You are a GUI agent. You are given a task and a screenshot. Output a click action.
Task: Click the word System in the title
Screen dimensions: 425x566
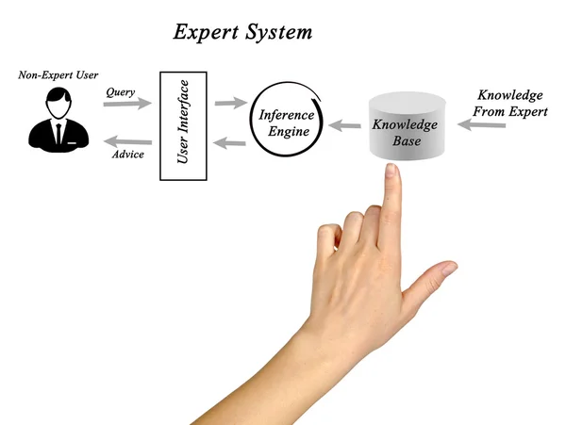click(x=278, y=32)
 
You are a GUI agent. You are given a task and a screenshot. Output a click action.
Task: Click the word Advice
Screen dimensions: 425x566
click(x=126, y=154)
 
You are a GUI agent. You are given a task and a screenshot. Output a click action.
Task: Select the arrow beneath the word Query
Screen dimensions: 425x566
click(x=126, y=105)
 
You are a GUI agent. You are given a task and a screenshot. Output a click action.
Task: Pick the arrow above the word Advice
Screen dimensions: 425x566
click(x=125, y=139)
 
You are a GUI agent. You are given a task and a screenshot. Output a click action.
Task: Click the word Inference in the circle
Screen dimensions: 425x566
click(x=287, y=115)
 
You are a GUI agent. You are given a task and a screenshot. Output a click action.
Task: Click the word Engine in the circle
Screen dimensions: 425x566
click(x=286, y=132)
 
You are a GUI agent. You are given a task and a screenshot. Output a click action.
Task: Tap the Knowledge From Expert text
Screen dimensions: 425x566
click(x=510, y=104)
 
